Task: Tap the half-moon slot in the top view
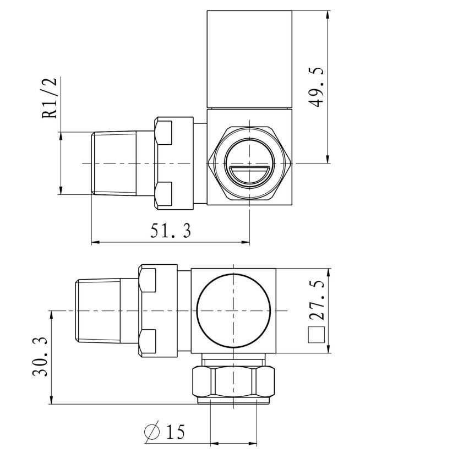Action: tap(249, 175)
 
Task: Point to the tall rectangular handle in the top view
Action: tap(249, 59)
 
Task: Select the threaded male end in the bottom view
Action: tap(97, 311)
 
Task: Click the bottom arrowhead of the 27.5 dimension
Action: tap(329, 350)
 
